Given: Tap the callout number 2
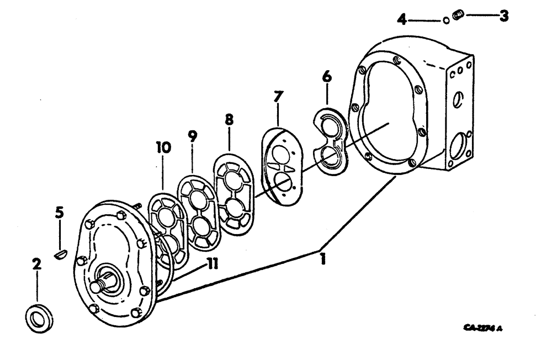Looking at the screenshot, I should click(36, 264).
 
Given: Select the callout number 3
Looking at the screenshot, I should click(503, 16).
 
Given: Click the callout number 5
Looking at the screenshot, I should click(60, 212).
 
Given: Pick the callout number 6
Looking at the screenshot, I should click(327, 77).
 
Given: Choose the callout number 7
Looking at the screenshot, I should click(278, 98).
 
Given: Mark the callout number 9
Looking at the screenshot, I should click(193, 136).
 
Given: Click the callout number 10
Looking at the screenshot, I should click(163, 147).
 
